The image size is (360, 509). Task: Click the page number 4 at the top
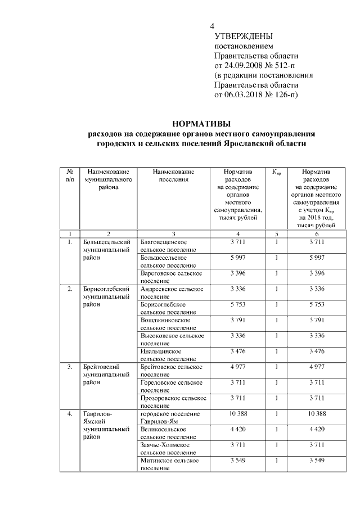tap(212, 26)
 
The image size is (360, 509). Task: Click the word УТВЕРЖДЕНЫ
tap(243, 36)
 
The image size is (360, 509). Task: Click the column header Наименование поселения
tap(173, 175)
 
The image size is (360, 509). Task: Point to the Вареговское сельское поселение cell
tap(171, 277)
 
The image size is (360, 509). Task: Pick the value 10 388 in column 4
tap(238, 414)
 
